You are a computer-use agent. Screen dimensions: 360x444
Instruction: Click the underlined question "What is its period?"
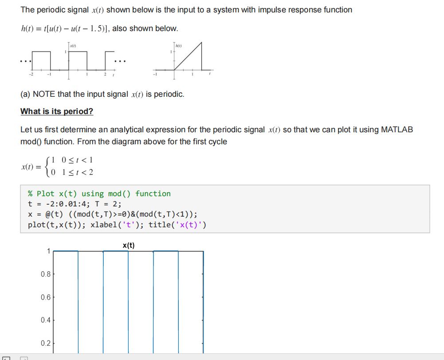tap(57, 111)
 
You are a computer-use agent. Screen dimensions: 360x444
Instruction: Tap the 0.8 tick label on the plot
tap(45, 274)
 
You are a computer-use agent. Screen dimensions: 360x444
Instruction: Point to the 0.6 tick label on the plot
tap(45, 297)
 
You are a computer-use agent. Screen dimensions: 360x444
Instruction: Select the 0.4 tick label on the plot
tap(45, 320)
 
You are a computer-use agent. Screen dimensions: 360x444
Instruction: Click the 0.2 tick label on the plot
tap(45, 343)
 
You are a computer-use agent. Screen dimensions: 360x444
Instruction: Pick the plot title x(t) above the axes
tap(129, 245)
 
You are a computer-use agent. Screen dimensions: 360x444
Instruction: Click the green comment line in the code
tap(99, 194)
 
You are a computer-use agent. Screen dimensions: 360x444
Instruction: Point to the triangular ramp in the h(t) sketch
tap(189, 58)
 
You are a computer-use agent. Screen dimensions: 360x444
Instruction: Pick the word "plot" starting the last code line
tap(36, 225)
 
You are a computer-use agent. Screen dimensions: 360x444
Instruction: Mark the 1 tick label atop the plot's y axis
tap(48, 251)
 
